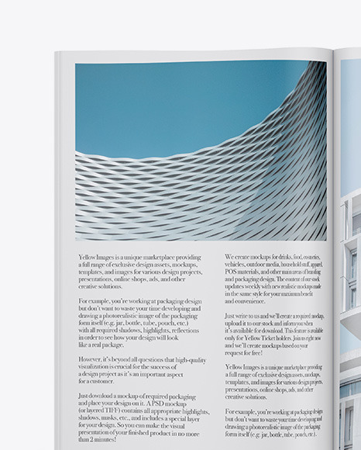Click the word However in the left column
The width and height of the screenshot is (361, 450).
[92, 359]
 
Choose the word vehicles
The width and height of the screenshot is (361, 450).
[237, 264]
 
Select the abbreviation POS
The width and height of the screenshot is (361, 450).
[232, 272]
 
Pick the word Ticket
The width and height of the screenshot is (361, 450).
[277, 337]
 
